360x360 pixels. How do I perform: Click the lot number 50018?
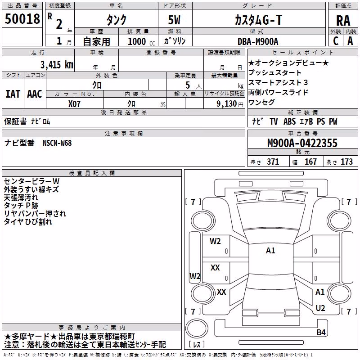(22, 19)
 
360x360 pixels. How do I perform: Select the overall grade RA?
(343, 21)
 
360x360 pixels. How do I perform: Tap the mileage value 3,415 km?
(57, 65)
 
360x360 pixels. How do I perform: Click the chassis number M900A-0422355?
(302, 143)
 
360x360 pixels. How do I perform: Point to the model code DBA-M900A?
(257, 41)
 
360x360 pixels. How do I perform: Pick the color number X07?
(74, 104)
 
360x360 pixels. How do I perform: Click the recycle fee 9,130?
(227, 104)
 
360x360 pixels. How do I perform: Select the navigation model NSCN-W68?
(57, 143)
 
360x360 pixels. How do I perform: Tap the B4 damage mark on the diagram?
(321, 332)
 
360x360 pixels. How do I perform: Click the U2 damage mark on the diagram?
(320, 308)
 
